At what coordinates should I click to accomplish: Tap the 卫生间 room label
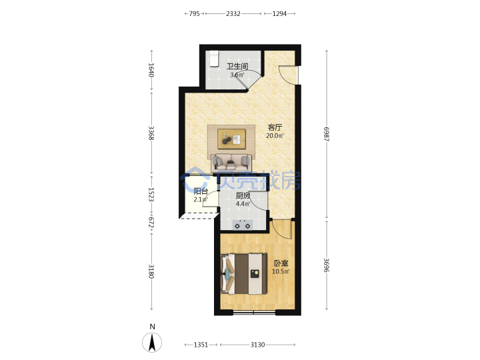coord(237,66)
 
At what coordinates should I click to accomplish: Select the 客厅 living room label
coord(275,127)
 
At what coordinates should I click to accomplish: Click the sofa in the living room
coord(231,163)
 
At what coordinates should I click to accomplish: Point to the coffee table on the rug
coord(231,139)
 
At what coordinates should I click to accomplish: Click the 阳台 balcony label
coord(201,191)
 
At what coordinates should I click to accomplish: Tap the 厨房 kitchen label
coord(243,195)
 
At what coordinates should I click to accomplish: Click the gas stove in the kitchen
coord(243,225)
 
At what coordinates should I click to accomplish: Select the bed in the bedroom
coord(243,274)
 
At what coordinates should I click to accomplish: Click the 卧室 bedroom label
coord(281,263)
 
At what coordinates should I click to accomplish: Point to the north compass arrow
coord(152,342)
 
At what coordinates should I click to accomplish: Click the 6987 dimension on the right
coord(326,134)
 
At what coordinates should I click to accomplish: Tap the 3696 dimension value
coord(326,265)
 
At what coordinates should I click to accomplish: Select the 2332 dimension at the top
coord(233,13)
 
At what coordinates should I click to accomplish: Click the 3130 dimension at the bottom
coord(257,345)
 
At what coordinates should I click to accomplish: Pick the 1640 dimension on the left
coord(151,70)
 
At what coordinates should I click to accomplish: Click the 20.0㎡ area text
coord(275,135)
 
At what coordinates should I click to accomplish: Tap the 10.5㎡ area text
coord(281,271)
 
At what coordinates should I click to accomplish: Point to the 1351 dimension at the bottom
coord(201,345)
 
